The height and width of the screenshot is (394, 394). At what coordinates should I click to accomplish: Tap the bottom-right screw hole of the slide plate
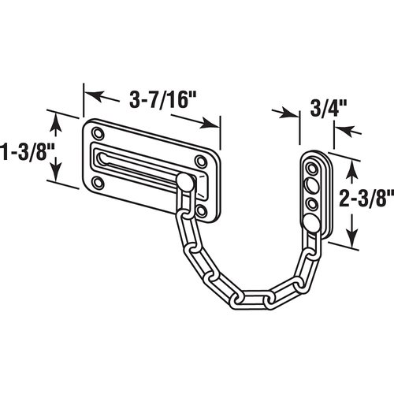(x=203, y=210)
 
